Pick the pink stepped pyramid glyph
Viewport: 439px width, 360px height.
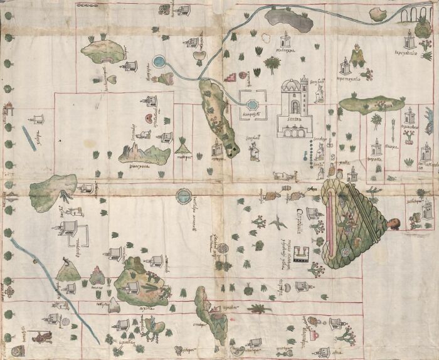[x=230, y=77]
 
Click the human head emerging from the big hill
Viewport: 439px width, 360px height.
[x=393, y=223]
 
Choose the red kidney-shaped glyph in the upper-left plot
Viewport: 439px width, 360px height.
[x=147, y=117]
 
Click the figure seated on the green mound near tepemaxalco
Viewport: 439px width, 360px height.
[x=359, y=56]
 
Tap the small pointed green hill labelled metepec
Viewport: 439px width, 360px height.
[x=183, y=147]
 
